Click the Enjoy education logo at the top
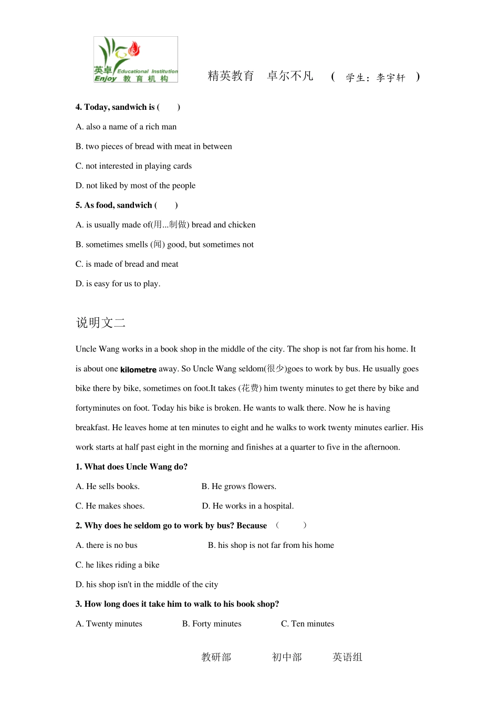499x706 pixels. (x=136, y=59)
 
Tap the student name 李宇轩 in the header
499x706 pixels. (x=391, y=78)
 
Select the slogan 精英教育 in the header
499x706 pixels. (x=231, y=76)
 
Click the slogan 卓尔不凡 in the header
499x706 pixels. (x=290, y=76)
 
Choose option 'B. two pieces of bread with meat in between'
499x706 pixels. (x=153, y=147)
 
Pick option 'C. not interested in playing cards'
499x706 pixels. (x=133, y=166)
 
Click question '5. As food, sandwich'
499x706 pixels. (x=126, y=205)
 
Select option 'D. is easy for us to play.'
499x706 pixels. (x=118, y=284)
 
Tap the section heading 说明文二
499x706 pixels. (x=101, y=323)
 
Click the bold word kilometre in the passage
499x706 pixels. (x=138, y=370)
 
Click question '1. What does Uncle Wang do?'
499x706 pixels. (x=131, y=467)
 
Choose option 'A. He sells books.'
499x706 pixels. (x=108, y=486)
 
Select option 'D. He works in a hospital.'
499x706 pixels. (x=248, y=506)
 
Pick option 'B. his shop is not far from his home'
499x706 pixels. (x=271, y=545)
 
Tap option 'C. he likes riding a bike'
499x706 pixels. (x=117, y=565)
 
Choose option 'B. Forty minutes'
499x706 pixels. (x=212, y=624)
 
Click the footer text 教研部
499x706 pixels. (x=216, y=657)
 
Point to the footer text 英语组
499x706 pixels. (x=347, y=657)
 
